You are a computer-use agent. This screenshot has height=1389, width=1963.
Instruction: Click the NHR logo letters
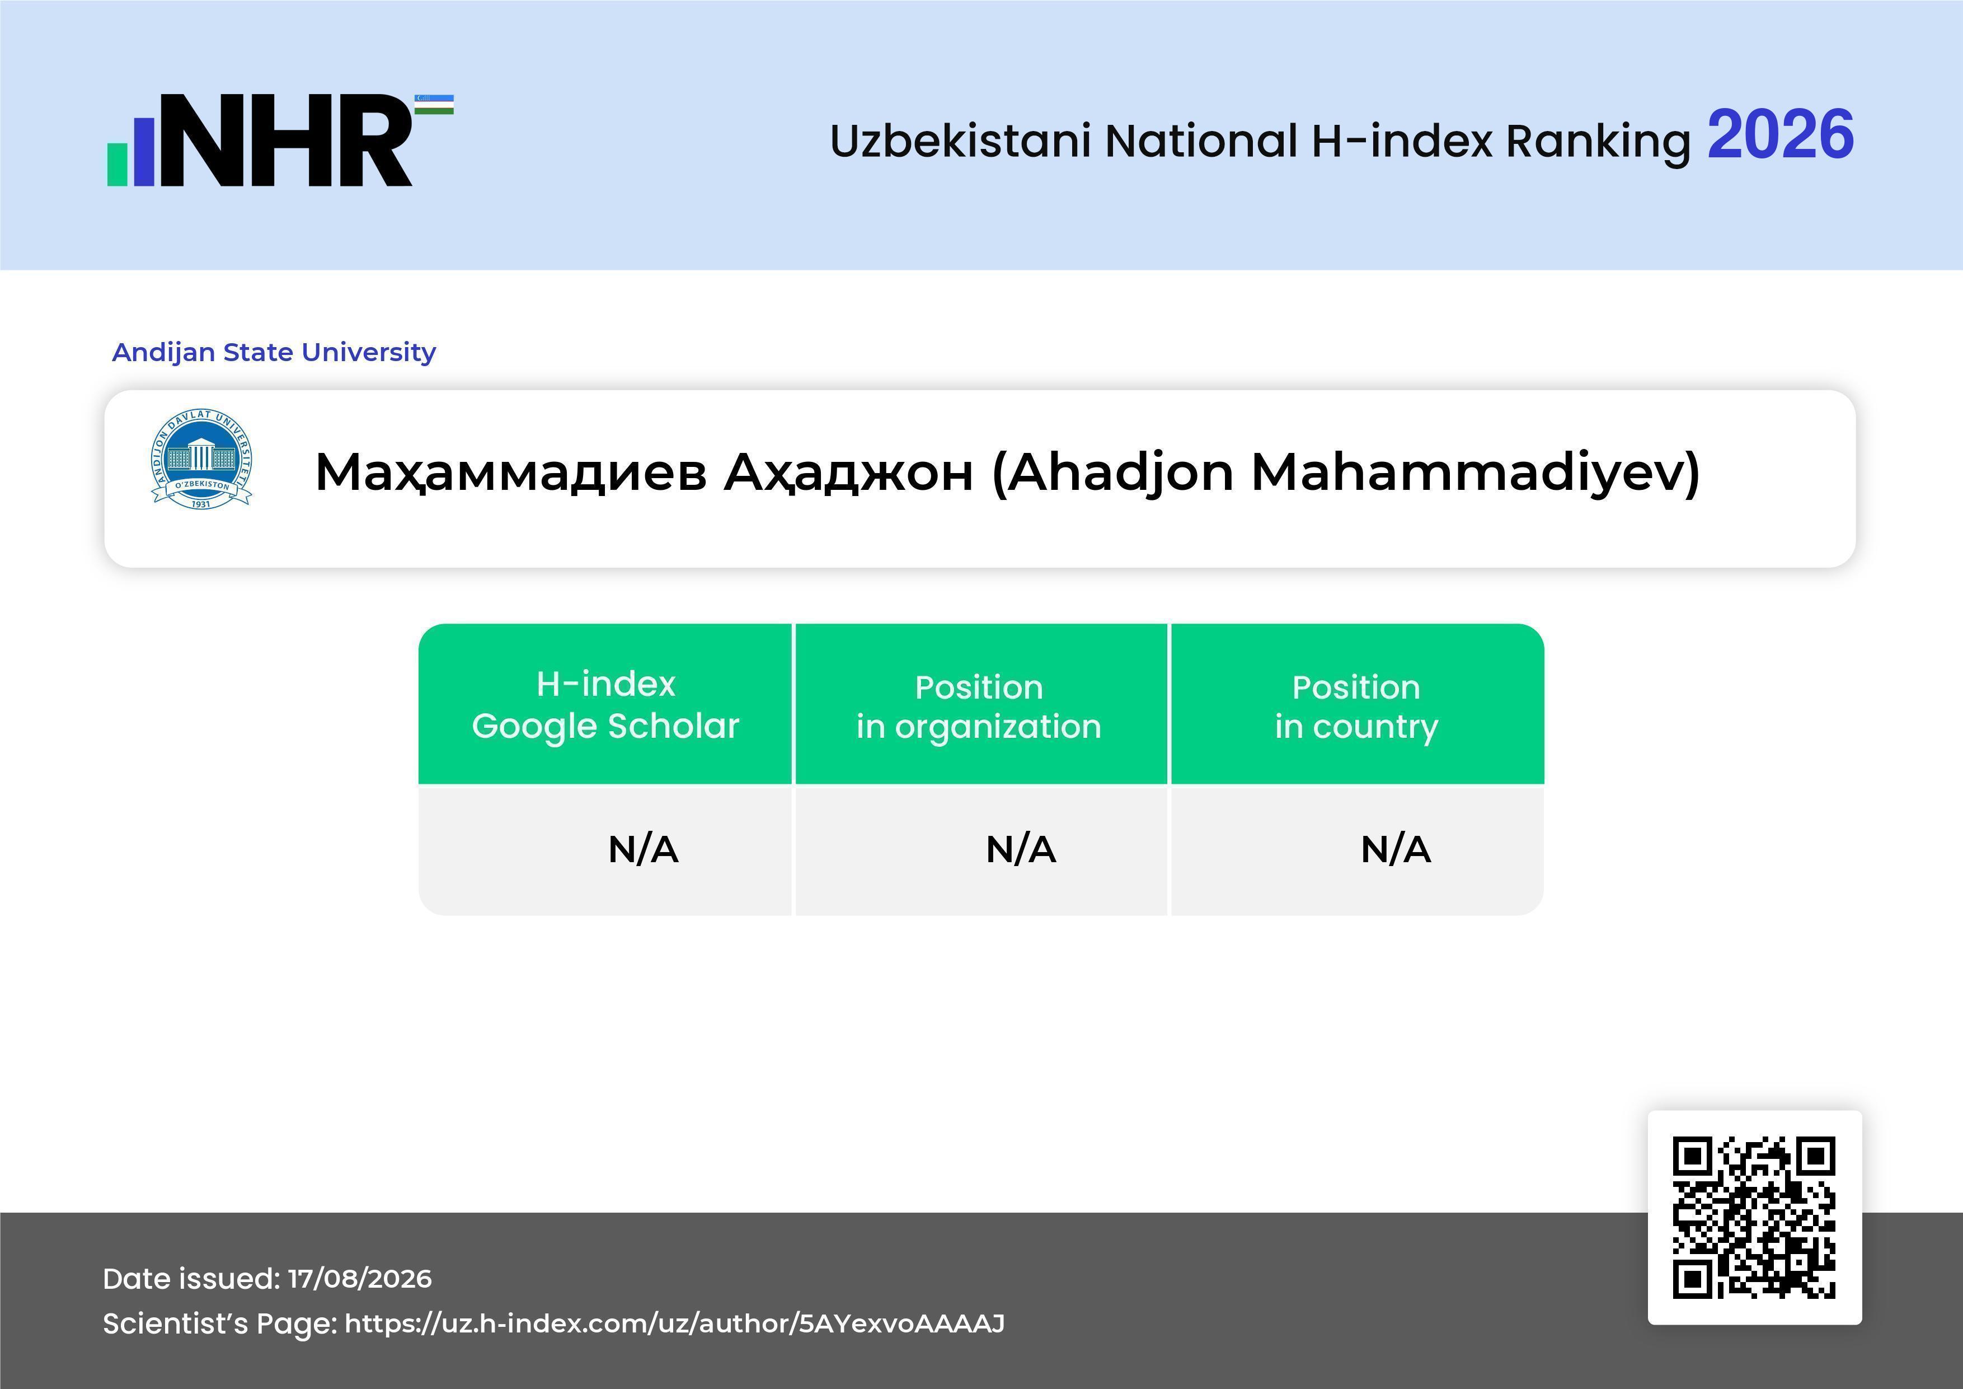287,141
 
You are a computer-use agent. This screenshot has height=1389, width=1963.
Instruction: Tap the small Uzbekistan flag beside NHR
434,104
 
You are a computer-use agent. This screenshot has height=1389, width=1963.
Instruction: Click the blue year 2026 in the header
1780,135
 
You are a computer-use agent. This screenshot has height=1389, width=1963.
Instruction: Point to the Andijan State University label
274,352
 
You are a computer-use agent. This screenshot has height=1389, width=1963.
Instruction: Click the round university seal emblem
202,459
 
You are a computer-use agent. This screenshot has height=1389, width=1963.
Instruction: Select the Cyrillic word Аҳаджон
849,472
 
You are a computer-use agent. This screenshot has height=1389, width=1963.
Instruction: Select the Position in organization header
979,707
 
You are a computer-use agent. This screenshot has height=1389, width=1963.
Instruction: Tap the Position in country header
1356,707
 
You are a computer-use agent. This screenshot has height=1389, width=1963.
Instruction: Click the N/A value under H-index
643,849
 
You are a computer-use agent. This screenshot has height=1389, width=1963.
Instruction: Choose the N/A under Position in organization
1021,849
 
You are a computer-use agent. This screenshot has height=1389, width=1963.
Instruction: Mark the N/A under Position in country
1395,849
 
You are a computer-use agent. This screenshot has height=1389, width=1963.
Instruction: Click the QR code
1754,1217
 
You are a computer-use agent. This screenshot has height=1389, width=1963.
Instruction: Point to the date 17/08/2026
360,1279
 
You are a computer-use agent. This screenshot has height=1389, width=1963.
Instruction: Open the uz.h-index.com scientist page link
674,1323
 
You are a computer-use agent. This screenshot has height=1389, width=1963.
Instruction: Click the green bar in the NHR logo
117,164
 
